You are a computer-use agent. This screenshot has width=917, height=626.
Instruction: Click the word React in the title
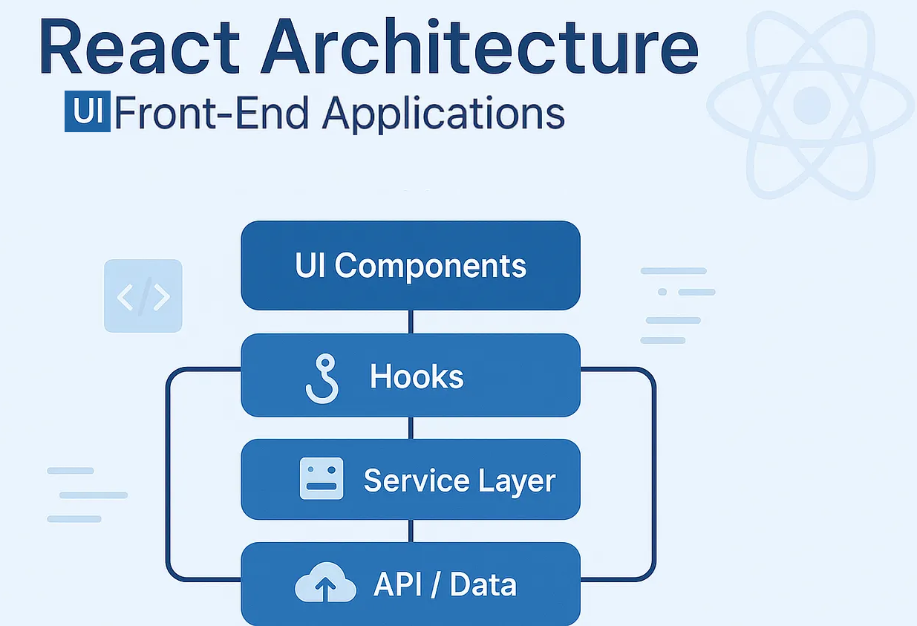click(139, 46)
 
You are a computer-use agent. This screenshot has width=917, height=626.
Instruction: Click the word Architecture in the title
click(480, 46)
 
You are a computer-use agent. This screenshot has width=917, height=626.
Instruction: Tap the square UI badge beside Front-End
click(87, 111)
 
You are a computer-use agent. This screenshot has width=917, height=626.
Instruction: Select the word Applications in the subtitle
click(443, 114)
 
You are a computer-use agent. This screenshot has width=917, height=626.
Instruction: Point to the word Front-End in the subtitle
click(211, 112)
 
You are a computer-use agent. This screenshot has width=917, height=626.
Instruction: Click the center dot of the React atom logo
click(812, 105)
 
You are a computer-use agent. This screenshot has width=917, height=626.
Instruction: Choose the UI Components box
click(411, 265)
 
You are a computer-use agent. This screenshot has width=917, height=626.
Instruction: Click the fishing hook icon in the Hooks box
click(323, 379)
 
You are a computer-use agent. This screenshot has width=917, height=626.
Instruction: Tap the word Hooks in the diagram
click(417, 376)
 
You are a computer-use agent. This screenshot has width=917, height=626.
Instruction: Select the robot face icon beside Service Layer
click(322, 478)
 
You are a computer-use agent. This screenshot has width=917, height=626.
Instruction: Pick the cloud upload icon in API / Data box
click(325, 582)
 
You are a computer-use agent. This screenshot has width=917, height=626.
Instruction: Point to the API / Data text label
click(445, 584)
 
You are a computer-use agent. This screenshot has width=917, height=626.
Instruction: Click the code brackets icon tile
click(143, 296)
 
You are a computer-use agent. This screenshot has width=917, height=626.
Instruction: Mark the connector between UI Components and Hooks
click(411, 322)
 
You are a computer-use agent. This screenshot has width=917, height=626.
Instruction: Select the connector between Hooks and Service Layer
click(411, 428)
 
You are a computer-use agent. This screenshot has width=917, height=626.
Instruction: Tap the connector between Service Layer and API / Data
click(411, 531)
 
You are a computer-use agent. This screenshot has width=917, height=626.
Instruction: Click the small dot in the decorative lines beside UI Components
click(662, 292)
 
